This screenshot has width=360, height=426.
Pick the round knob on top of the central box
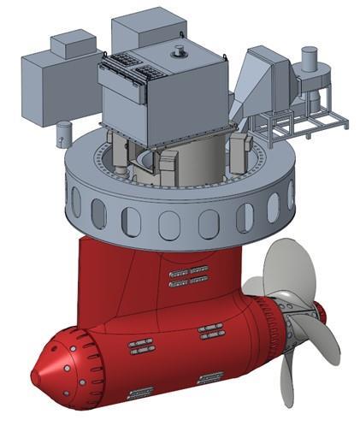coord(180,53)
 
